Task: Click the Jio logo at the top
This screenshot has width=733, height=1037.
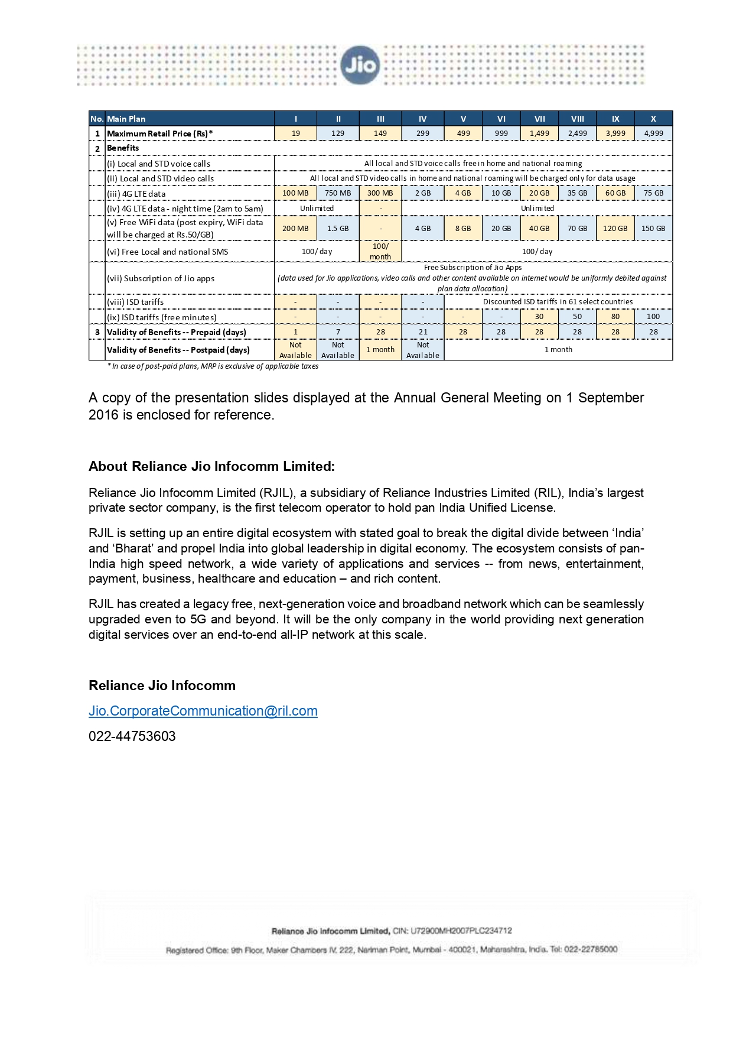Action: pos(360,65)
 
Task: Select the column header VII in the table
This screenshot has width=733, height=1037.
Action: pos(539,119)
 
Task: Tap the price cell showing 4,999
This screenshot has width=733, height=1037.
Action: pos(653,134)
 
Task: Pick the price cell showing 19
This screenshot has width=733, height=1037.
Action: pos(295,134)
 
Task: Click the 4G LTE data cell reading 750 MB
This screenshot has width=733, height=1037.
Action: pos(338,193)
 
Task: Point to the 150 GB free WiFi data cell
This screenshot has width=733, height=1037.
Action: pos(653,229)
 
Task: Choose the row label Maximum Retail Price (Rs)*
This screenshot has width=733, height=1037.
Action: pos(159,134)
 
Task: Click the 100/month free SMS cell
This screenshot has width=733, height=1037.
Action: pos(380,251)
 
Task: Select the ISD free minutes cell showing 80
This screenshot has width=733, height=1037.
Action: pos(615,317)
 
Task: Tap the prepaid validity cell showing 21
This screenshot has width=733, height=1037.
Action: pos(423,332)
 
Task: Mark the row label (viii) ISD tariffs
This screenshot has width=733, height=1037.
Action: pos(135,302)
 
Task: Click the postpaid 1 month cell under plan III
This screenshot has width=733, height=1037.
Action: pos(380,350)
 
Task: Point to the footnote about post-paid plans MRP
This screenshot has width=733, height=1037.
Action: pos(213,366)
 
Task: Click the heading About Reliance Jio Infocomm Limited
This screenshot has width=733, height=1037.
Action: pos(211,466)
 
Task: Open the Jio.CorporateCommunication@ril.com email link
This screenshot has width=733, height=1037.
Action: pos(203,711)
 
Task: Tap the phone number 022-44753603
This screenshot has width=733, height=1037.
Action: pos(132,736)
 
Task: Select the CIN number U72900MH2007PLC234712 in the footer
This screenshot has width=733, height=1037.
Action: pos(461,931)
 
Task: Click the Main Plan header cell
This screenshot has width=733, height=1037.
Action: pos(126,119)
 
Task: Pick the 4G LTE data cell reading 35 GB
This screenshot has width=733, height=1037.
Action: pos(577,193)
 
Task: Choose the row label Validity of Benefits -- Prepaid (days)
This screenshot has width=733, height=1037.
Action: pos(177,332)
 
